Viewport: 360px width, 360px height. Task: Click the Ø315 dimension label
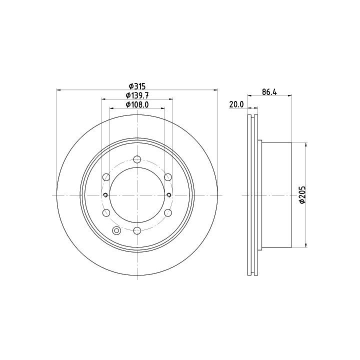137,86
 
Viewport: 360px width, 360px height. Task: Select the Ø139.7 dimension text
137,95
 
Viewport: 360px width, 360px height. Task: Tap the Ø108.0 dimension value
137,104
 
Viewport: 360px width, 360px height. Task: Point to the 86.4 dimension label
269,92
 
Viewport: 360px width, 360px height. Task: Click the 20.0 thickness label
236,104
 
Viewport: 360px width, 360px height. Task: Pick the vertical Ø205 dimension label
302,194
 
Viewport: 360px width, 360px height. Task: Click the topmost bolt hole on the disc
137,159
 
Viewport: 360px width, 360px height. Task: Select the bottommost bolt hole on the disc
137,230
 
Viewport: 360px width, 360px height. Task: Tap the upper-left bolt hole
106,177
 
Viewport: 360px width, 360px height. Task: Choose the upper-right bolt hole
168,177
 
